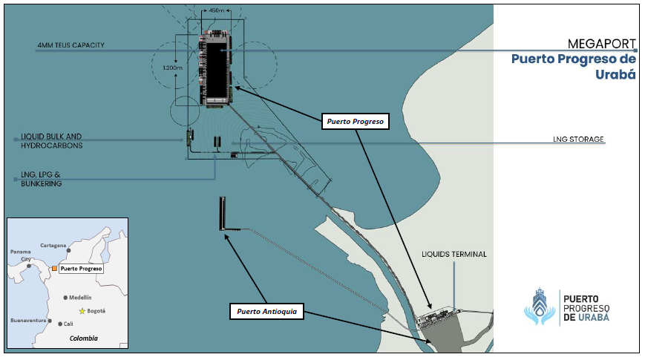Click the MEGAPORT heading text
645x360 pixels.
[601, 44]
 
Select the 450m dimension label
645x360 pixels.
[217, 10]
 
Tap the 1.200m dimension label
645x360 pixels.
[172, 68]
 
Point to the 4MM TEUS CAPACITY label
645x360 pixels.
[71, 45]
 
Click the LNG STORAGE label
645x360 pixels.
[578, 139]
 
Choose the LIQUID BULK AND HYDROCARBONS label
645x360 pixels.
[52, 141]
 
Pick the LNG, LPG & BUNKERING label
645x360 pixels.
[41, 179]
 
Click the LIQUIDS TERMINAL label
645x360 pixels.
[454, 255]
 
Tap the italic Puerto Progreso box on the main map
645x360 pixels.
[356, 122]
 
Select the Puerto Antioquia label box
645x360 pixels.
[266, 312]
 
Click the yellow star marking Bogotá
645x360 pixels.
[82, 311]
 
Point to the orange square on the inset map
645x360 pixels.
[54, 268]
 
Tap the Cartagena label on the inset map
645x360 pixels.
[53, 245]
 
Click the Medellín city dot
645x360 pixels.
[65, 298]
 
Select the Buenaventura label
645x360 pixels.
[28, 320]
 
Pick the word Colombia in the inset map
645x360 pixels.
[84, 338]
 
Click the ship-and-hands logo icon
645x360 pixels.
[540, 307]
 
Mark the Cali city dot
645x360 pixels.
[60, 324]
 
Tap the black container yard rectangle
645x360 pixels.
[217, 70]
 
